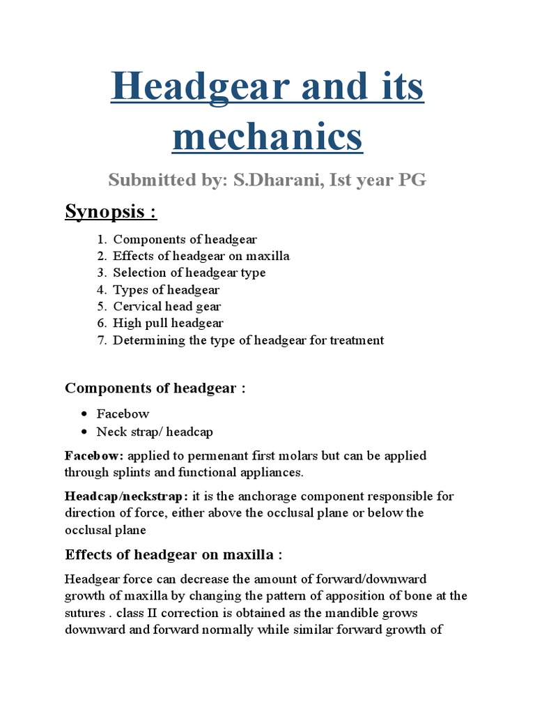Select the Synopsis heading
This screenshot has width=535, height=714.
pyautogui.click(x=110, y=211)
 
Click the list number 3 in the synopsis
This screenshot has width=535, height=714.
pyautogui.click(x=101, y=273)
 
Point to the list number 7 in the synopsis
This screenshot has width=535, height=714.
pyautogui.click(x=101, y=340)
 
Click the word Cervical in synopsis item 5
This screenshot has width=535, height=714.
pyautogui.click(x=137, y=306)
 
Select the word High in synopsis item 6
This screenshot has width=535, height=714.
pyautogui.click(x=126, y=323)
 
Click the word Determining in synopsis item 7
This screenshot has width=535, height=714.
pyautogui.click(x=147, y=340)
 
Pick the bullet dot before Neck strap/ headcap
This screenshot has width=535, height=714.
pyautogui.click(x=84, y=432)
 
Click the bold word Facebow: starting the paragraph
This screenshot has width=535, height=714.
pyautogui.click(x=94, y=455)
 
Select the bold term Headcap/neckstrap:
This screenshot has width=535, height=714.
pyautogui.click(x=126, y=496)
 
